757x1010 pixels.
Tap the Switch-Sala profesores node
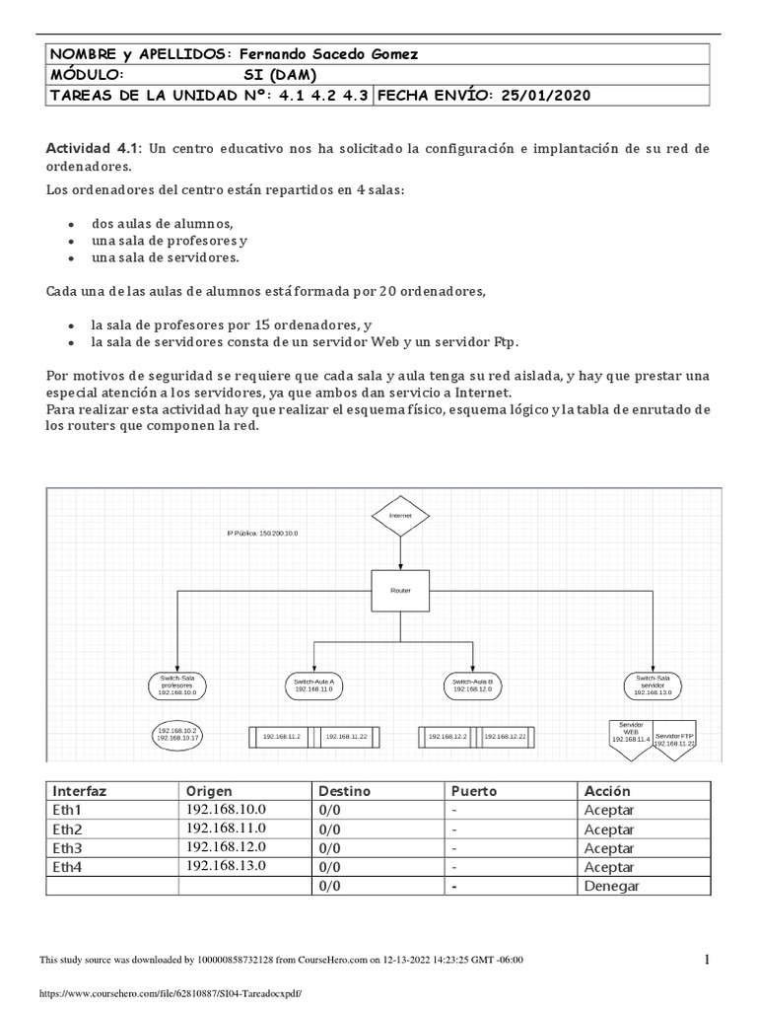click(177, 685)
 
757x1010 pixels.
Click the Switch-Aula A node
click(314, 685)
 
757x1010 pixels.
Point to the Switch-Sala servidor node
click(653, 685)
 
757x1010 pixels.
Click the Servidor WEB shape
click(630, 734)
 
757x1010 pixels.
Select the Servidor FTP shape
click(675, 739)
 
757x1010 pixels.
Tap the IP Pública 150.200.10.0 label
click(262, 533)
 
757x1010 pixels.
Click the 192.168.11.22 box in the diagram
click(346, 736)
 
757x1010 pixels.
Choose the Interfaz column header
click(80, 791)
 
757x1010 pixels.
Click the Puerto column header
click(474, 791)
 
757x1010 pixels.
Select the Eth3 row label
click(68, 847)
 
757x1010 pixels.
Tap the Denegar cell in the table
click(611, 886)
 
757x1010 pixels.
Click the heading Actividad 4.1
click(95, 147)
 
